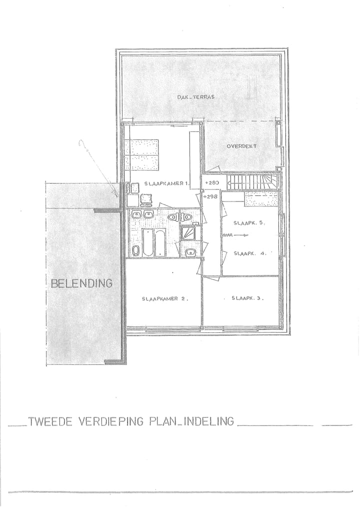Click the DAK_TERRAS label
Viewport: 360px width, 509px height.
click(x=195, y=97)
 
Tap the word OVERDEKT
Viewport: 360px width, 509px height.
click(x=241, y=146)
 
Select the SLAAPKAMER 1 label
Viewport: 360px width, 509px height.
click(x=165, y=184)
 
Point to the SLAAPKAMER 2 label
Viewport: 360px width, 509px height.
click(x=164, y=298)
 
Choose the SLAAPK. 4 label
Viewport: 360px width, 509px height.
click(x=248, y=253)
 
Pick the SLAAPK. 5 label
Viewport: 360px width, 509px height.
click(x=248, y=223)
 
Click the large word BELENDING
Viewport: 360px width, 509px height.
click(x=81, y=283)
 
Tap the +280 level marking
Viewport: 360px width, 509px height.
click(x=212, y=183)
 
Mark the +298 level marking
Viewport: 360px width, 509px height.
click(x=212, y=196)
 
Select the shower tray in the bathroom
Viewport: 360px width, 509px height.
click(x=188, y=233)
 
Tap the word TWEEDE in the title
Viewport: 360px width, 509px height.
click(x=49, y=421)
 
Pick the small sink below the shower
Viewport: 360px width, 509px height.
click(x=189, y=252)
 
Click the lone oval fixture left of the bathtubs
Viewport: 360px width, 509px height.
click(x=136, y=250)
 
